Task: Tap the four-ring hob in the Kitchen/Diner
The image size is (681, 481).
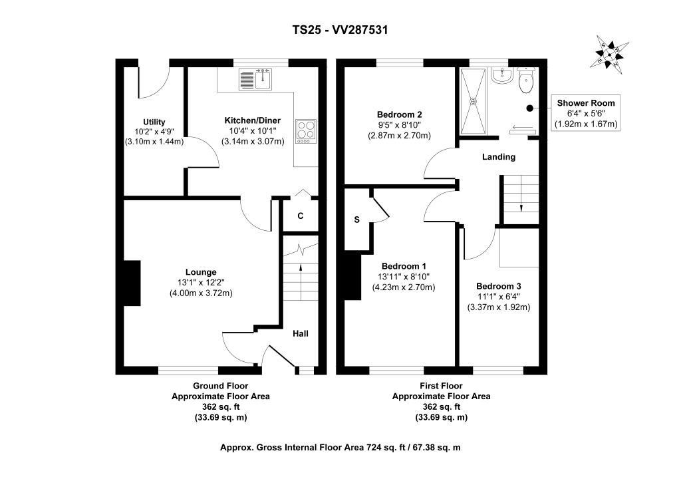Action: [307, 130]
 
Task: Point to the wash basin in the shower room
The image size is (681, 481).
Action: [501, 77]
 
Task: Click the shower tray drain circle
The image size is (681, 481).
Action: [474, 102]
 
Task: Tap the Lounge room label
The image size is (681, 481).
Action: [201, 272]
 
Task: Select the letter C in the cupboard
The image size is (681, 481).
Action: [301, 216]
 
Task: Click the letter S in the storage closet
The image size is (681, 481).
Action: [356, 220]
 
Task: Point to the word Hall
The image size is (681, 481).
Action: [301, 333]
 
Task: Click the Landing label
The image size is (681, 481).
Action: [499, 157]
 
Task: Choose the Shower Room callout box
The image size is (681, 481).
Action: [585, 113]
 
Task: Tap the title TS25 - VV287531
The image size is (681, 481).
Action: [340, 29]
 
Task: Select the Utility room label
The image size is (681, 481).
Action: [154, 122]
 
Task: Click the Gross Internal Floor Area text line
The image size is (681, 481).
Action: [340, 448]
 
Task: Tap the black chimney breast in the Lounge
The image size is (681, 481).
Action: [133, 283]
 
